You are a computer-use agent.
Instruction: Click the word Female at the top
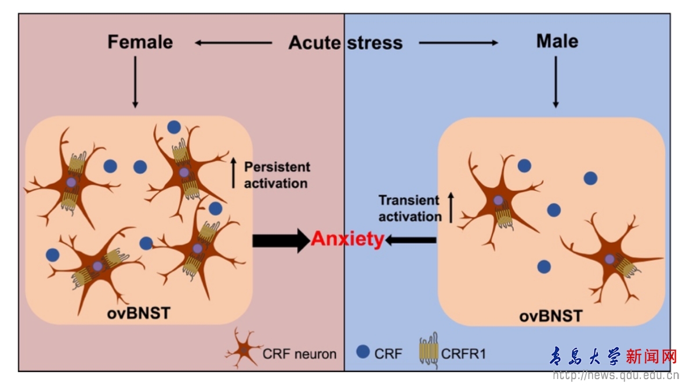[140, 42]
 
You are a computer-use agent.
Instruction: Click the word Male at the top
[557, 41]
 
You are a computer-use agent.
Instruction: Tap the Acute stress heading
[346, 43]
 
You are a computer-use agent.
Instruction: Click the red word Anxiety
[347, 239]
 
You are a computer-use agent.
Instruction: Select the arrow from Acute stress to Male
[458, 42]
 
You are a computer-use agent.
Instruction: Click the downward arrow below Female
[135, 82]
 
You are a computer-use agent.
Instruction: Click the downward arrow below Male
[556, 82]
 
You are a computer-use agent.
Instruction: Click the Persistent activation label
[277, 174]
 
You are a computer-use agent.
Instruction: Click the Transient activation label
[409, 209]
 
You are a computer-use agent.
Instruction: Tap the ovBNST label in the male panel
[550, 316]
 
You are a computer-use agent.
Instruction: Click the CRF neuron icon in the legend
[244, 349]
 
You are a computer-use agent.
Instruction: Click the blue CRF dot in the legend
[363, 351]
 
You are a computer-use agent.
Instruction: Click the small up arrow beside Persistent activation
[234, 174]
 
